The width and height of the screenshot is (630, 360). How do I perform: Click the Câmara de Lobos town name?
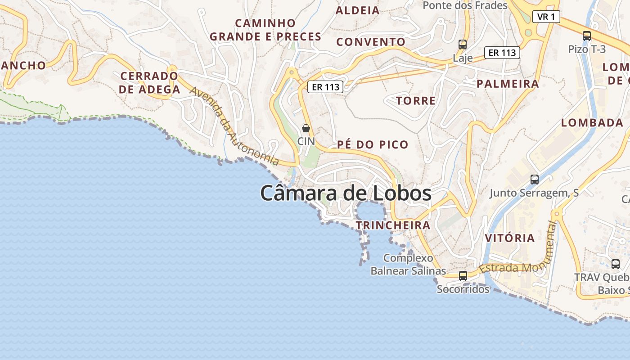[346, 193]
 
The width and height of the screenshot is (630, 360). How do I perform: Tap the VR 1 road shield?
[546, 17]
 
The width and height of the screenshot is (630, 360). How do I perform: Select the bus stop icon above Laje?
[463, 44]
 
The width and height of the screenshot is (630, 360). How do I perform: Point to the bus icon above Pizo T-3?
[587, 36]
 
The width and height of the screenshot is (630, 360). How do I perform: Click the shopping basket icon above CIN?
[306, 128]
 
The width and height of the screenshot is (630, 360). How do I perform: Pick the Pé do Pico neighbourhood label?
[373, 144]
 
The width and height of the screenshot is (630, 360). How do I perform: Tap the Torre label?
[416, 101]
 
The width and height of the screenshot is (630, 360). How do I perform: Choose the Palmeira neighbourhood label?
[508, 84]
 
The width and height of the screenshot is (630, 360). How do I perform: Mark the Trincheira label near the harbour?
[393, 225]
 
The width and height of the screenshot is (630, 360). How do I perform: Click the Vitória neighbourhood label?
[510, 238]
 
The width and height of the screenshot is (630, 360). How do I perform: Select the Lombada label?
[592, 122]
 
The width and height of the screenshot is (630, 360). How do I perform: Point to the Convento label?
[371, 42]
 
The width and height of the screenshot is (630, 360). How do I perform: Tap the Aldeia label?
[358, 10]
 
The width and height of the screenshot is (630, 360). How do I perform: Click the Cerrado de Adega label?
[149, 82]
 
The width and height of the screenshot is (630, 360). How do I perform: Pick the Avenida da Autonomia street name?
[234, 126]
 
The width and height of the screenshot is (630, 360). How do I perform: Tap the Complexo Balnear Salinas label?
[408, 264]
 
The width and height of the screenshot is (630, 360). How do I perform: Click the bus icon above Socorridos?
[463, 275]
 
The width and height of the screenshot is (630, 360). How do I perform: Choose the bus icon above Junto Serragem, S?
[535, 179]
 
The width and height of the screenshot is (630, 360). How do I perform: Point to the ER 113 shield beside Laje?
[502, 53]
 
